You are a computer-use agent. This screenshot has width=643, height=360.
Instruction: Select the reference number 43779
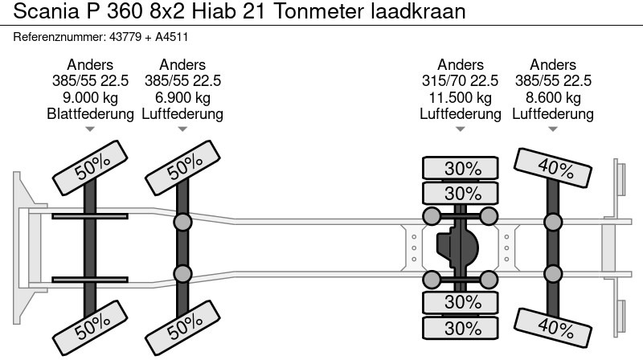(123, 37)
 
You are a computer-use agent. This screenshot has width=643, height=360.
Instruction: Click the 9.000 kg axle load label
(90, 97)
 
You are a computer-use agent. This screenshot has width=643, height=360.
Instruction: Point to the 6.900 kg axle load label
(182, 97)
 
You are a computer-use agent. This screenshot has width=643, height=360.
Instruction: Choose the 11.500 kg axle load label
(461, 97)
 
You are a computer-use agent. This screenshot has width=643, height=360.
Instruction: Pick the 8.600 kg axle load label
(553, 97)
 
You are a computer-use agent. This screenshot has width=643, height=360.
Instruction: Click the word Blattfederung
(90, 113)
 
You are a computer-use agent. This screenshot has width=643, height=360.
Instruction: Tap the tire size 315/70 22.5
(461, 81)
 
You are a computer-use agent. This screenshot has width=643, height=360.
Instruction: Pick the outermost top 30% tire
(462, 169)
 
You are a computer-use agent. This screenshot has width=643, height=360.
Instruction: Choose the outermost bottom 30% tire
(462, 329)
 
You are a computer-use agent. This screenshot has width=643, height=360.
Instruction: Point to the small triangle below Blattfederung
(90, 129)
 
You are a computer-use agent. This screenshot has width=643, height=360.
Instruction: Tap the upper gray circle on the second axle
(182, 222)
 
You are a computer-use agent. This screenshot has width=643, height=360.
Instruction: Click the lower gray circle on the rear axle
(553, 274)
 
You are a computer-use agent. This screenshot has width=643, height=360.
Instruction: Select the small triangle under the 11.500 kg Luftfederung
(461, 129)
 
